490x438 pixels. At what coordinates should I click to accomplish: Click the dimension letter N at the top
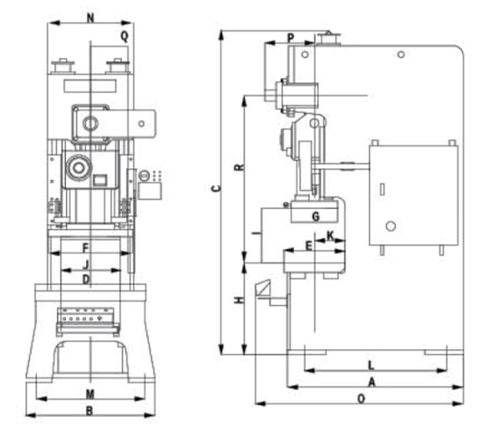(90, 18)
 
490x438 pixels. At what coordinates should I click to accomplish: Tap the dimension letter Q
(125, 36)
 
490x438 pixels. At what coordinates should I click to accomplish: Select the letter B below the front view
(90, 411)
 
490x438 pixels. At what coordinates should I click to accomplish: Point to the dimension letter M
(90, 395)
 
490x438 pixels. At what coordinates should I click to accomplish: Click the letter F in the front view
(86, 248)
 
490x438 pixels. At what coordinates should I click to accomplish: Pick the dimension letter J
(86, 264)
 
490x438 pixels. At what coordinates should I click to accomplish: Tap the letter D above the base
(86, 280)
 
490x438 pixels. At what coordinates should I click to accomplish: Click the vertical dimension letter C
(217, 188)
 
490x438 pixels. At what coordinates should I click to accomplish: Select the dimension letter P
(290, 38)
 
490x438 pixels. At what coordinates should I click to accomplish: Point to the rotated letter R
(239, 167)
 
